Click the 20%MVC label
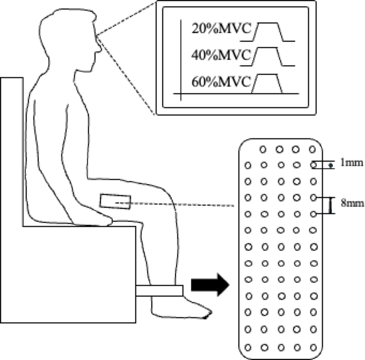[x=221, y=29]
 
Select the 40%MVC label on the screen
[x=221, y=55]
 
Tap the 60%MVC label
[x=221, y=82]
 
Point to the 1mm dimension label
[x=352, y=162]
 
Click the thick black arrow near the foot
[x=210, y=285]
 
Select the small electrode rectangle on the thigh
[x=115, y=202]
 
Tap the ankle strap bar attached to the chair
[x=159, y=291]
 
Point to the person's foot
[x=182, y=308]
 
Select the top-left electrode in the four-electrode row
[x=263, y=149]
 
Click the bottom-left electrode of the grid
[x=248, y=348]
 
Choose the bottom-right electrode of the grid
[x=313, y=348]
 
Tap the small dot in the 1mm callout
[x=330, y=165]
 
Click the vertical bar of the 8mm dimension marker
[x=330, y=205]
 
